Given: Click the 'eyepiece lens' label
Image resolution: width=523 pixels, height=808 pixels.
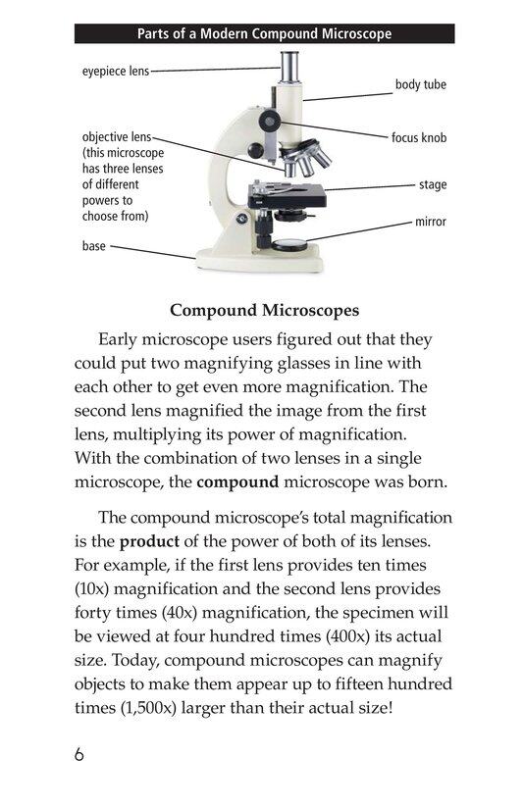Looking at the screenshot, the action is tap(116, 72).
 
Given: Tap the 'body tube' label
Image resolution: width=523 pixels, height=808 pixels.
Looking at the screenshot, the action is tap(420, 85).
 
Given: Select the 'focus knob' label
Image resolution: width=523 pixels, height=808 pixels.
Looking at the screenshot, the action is tap(419, 138).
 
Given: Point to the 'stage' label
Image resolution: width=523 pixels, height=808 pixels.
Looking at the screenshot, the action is tap(432, 184).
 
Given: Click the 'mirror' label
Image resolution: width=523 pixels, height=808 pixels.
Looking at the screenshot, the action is tap(430, 222).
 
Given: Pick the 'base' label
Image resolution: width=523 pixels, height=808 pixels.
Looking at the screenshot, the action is tap(94, 246).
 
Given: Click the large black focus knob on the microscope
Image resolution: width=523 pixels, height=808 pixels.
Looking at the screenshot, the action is tap(269, 120).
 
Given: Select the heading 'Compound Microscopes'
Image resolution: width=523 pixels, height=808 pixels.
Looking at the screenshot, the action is tap(264, 311).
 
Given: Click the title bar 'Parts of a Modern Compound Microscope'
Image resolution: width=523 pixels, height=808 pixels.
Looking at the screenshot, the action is tap(264, 34).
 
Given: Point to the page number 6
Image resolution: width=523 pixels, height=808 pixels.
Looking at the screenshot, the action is tap(79, 755).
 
